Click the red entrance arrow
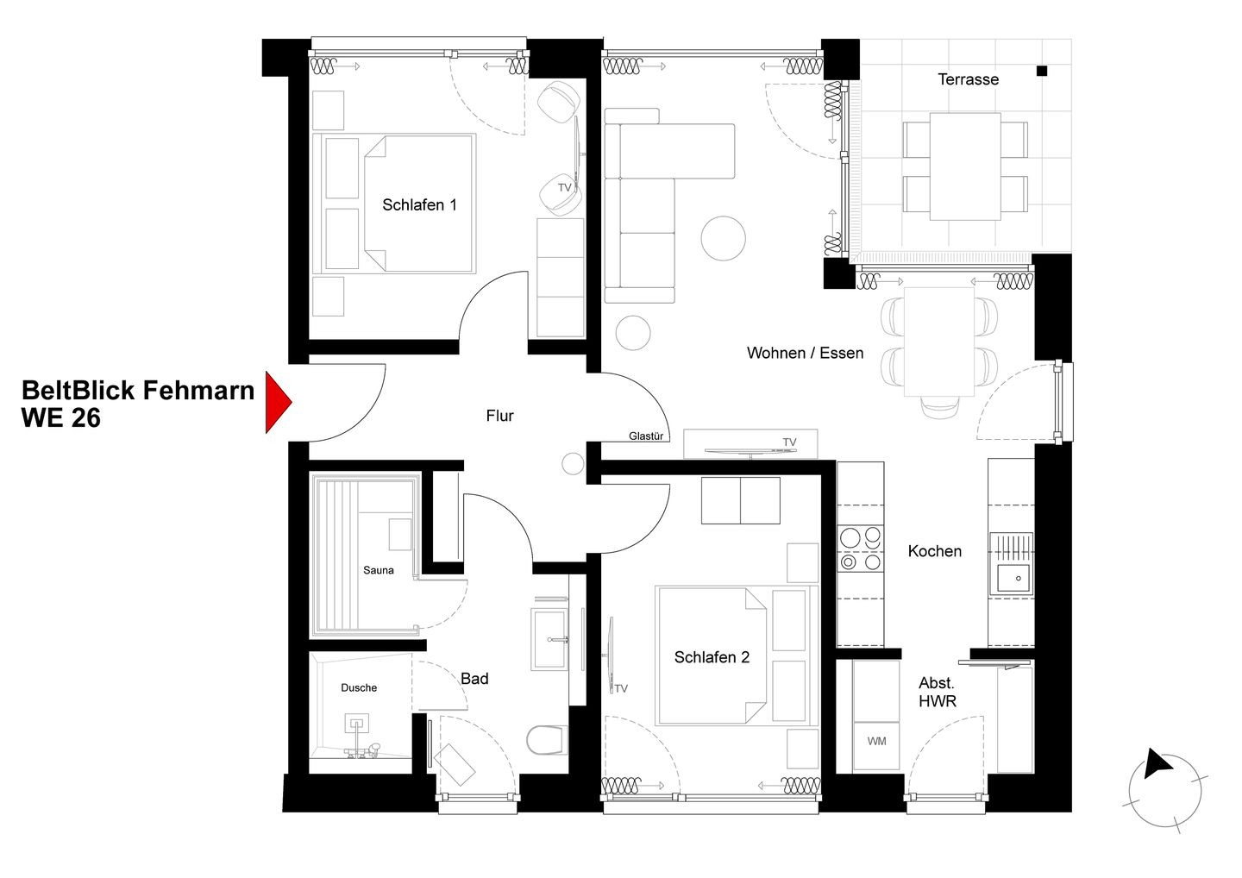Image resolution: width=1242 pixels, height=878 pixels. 278,402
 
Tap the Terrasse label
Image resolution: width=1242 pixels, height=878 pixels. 968,79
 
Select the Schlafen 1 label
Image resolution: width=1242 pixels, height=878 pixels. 419,205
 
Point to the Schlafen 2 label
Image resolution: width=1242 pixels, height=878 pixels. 712,657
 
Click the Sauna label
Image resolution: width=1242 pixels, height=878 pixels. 378,570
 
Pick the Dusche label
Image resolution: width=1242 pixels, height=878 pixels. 359,688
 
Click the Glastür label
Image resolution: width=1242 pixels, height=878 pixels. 646,436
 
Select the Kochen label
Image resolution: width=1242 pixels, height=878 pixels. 934,551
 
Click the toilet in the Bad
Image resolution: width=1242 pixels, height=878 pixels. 547,740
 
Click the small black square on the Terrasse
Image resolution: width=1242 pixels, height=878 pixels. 1042,71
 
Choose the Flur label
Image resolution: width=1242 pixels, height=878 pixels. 499,416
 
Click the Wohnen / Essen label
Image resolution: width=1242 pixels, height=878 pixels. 805,353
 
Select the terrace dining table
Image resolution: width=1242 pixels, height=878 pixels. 965,166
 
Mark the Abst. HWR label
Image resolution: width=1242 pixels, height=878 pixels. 937,692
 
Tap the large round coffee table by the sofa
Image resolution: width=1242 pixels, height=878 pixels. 723,238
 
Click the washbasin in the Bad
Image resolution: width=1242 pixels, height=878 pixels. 549,639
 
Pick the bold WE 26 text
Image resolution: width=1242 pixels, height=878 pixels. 61,418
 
